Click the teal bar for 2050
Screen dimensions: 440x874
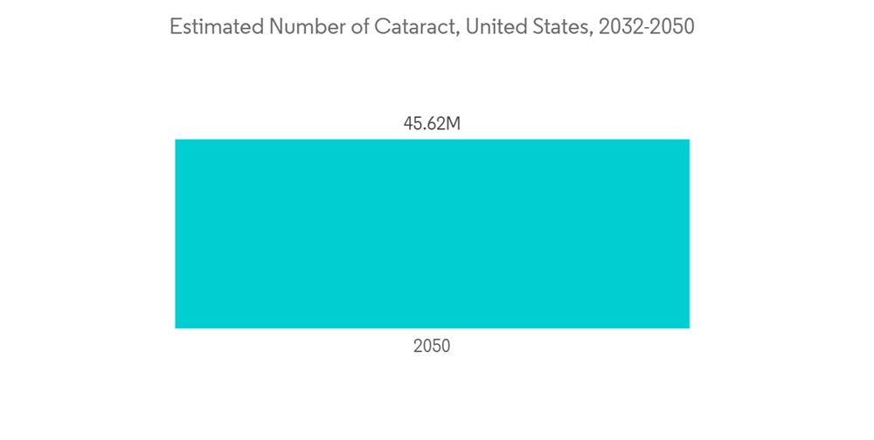pos(432,233)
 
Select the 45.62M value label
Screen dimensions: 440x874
pos(432,124)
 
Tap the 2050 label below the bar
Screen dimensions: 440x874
pos(432,347)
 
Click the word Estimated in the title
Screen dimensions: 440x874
pos(216,27)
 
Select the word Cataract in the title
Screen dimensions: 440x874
pos(411,27)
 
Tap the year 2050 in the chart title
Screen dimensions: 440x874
pos(673,27)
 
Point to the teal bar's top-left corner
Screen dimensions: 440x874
pos(177,141)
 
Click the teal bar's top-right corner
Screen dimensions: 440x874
pos(688,141)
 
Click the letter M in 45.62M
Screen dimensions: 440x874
pos(453,124)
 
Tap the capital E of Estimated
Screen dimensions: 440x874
pos(175,27)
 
